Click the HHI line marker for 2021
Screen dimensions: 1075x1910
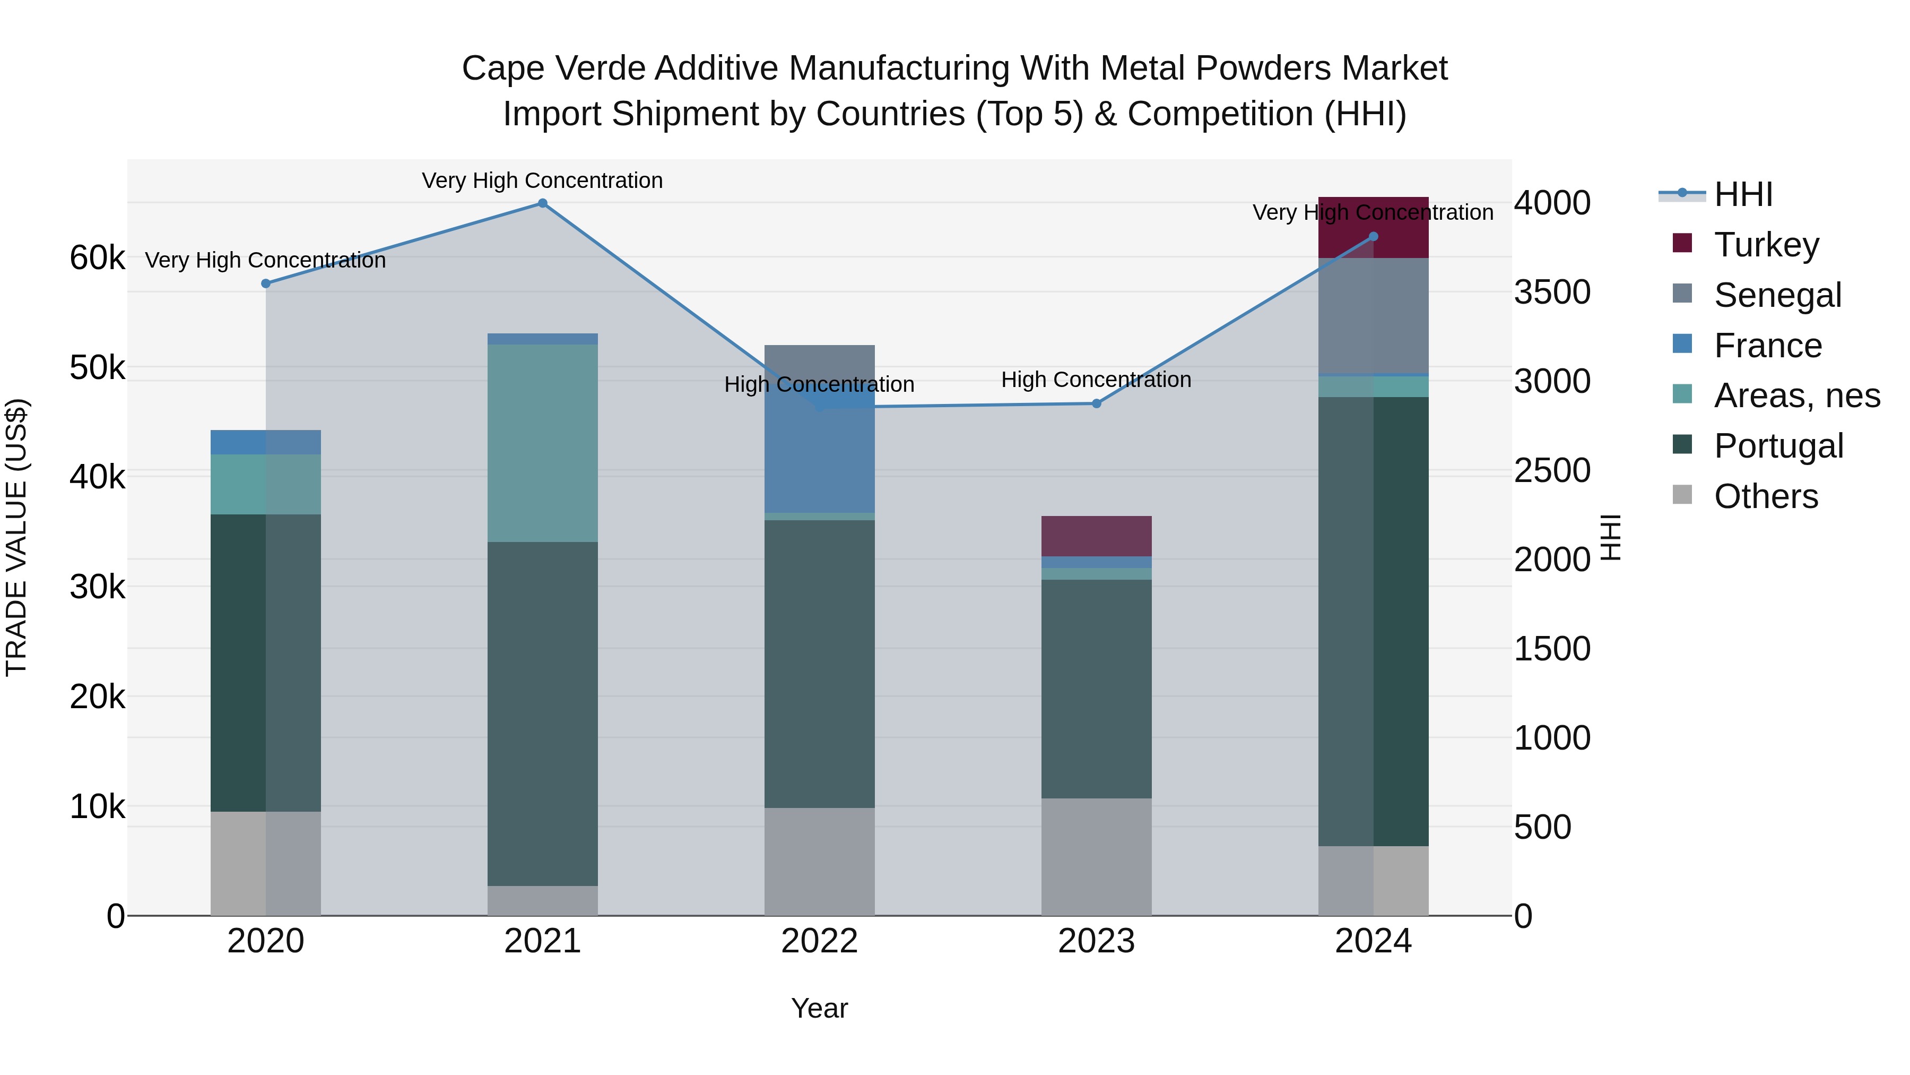coord(542,203)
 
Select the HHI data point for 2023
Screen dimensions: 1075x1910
coord(1097,403)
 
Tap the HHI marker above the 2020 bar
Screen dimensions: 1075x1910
coord(265,283)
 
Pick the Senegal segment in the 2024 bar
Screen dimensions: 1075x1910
coord(1373,315)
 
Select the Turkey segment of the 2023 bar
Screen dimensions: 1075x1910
coord(1096,536)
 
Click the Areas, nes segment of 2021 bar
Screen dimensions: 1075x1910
coord(542,443)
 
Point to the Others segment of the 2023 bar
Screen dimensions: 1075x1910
coord(1096,856)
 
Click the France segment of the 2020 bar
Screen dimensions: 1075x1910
coord(265,442)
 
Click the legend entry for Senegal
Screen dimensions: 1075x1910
coord(1777,295)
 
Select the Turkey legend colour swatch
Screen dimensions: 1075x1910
coord(1682,243)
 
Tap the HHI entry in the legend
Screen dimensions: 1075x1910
coord(1742,194)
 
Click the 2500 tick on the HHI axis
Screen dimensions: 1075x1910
coord(1552,470)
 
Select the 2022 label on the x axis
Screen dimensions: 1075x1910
coord(819,941)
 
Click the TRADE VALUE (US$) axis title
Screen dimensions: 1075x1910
coord(16,537)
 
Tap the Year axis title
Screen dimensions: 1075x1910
coord(819,1008)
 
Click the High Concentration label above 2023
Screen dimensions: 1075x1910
coord(1096,380)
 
